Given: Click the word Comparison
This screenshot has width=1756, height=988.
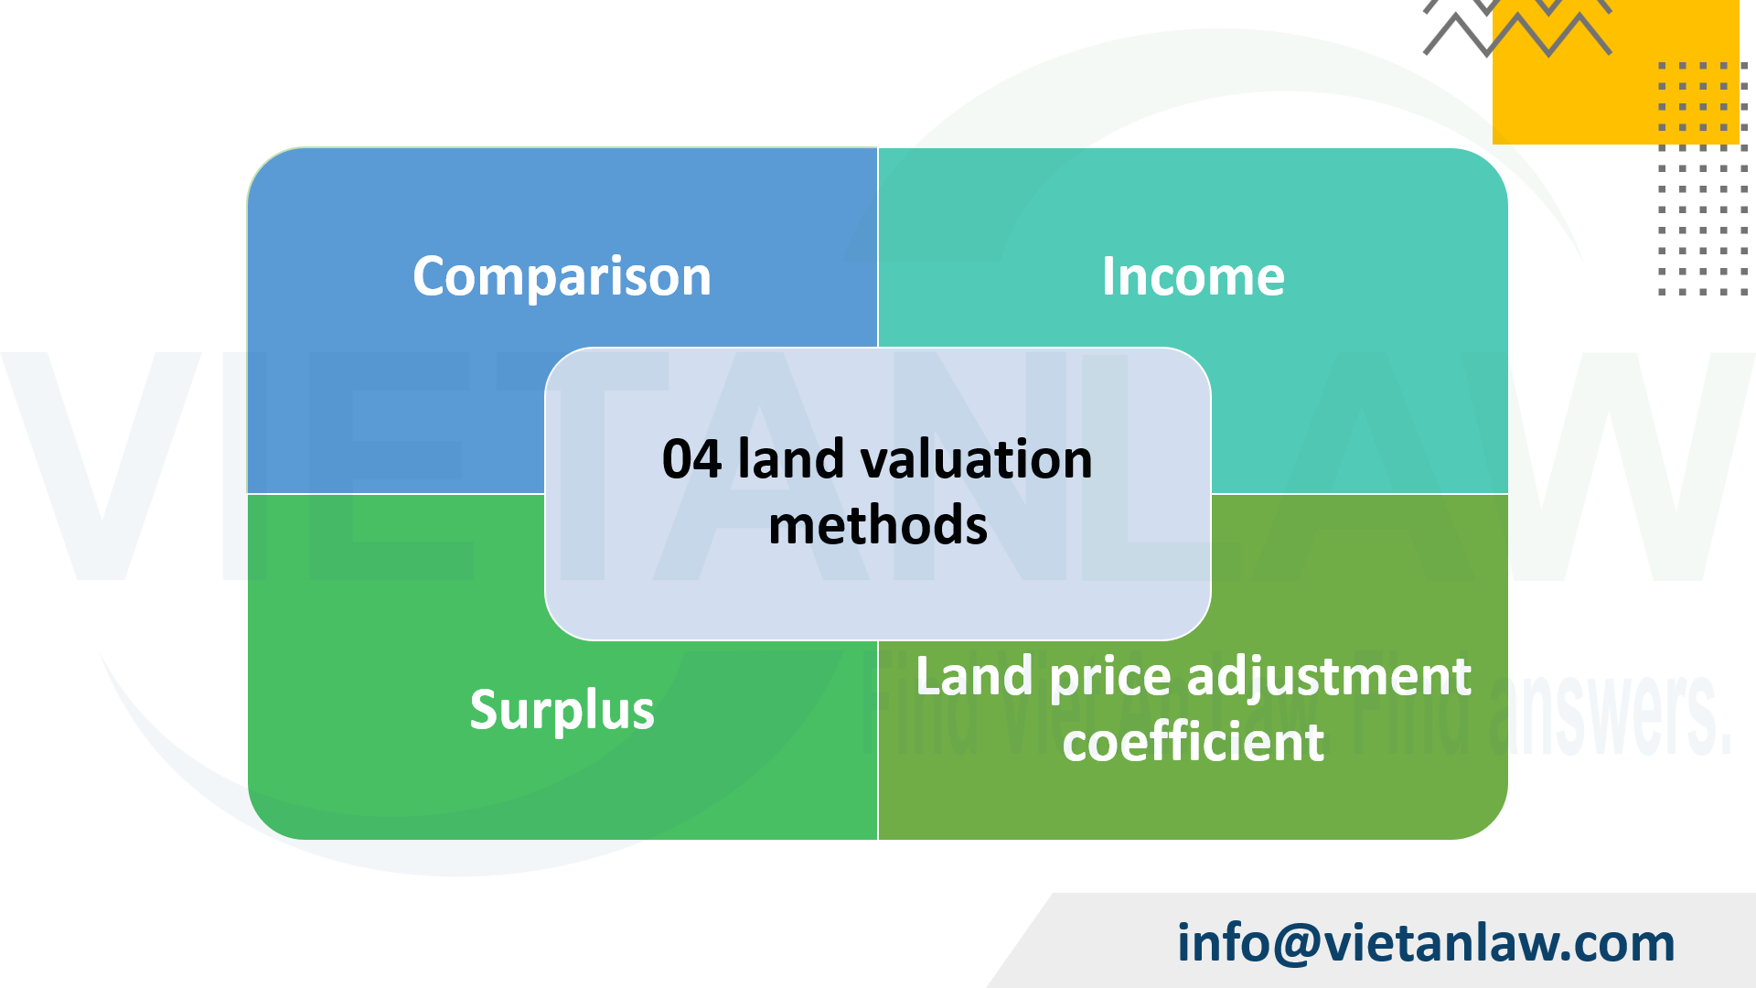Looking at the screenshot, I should click(x=562, y=276).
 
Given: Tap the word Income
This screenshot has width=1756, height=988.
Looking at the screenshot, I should click(x=1193, y=276).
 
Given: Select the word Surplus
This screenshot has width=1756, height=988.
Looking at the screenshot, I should click(x=562, y=710).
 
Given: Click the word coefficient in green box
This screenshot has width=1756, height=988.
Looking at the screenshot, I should click(x=1193, y=741).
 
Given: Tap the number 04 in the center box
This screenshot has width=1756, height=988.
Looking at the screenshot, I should click(x=691, y=459).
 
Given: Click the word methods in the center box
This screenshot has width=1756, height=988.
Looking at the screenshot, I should click(x=877, y=525).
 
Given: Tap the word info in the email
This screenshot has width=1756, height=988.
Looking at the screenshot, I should click(x=1223, y=942).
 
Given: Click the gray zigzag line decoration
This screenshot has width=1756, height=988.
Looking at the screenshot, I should click(x=1518, y=32).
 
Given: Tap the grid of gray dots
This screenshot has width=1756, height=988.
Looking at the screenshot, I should click(x=1703, y=178).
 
